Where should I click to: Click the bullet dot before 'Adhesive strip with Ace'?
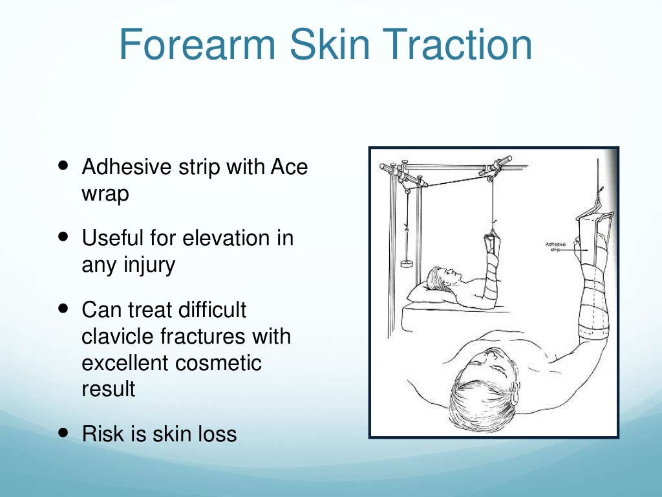(63, 166)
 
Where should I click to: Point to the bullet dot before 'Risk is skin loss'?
(63, 432)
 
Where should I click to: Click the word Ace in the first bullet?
(289, 167)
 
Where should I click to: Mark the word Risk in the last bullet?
(101, 434)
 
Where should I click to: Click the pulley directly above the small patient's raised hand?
(492, 173)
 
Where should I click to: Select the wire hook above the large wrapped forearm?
(601, 194)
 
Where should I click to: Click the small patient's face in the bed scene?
(450, 277)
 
